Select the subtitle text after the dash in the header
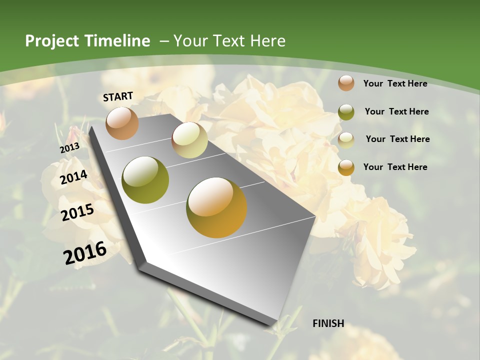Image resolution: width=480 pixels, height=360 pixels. coord(229,41)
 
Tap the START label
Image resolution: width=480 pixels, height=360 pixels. coord(118,96)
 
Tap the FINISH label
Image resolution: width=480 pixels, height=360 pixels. coord(328,323)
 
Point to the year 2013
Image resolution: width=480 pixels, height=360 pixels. coord(69,148)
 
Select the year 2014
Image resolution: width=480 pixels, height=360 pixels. coord(74,177)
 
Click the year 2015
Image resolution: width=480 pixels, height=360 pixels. coord(77,212)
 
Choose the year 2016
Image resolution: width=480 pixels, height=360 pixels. coord(85,252)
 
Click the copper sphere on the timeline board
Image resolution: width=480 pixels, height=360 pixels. coord(122,123)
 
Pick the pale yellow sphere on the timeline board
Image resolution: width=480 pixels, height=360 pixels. coord(189,140)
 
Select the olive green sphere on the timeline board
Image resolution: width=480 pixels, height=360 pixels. coord(145,180)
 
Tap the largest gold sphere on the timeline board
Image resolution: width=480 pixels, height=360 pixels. coord(216,207)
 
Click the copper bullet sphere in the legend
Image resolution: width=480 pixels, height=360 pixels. coord(346,83)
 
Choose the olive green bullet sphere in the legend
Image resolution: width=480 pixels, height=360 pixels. coord(346,112)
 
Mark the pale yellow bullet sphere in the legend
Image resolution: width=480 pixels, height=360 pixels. coord(346,140)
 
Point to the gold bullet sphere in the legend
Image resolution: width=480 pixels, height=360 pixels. coord(346,167)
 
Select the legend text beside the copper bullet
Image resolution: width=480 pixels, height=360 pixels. coord(395,83)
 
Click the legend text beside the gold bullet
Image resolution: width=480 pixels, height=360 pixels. coord(395,167)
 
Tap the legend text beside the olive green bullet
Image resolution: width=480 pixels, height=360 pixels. coord(396,111)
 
